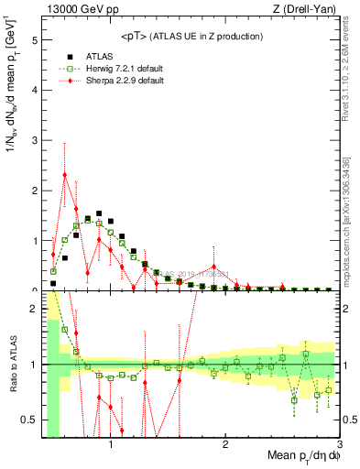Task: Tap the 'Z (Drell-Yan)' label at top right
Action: [309, 10]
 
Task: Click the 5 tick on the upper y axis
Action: [34, 41]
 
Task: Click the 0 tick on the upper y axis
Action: [34, 289]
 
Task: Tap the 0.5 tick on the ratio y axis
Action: [30, 420]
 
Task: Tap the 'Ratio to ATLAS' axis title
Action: [12, 380]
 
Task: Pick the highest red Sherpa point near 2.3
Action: [65, 174]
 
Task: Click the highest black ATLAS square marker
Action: [99, 216]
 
